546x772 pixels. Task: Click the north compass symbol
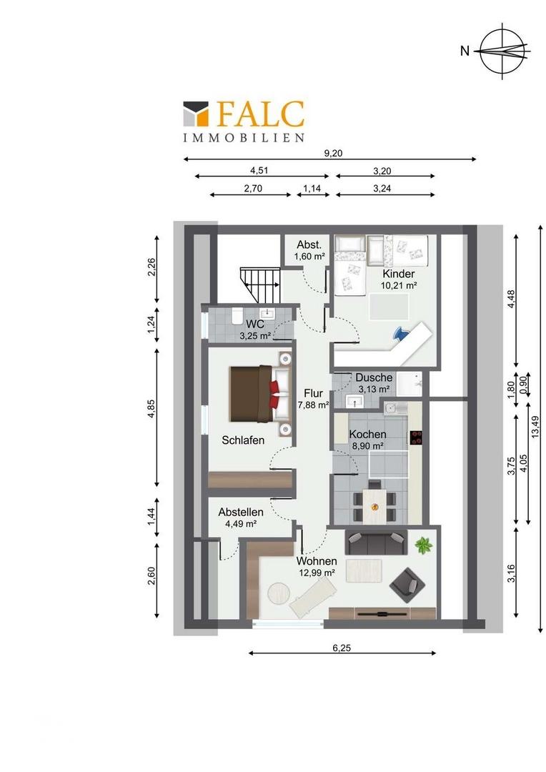[x=502, y=50]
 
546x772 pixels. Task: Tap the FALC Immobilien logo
[x=244, y=122]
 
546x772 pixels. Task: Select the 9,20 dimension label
[x=333, y=153]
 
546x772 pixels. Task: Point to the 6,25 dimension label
[x=342, y=648]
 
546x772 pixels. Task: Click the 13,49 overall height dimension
[x=536, y=426]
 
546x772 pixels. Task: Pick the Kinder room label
[x=399, y=274]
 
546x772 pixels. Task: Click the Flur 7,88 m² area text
[x=313, y=399]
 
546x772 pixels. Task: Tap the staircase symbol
[x=260, y=285]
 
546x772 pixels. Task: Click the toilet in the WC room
[x=237, y=315]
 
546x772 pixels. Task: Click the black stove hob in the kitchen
[x=416, y=437]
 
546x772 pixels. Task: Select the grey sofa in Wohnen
[x=377, y=542]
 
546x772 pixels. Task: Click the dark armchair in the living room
[x=407, y=585]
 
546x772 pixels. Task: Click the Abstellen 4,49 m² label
[x=241, y=518]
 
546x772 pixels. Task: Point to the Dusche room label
[x=374, y=377]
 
